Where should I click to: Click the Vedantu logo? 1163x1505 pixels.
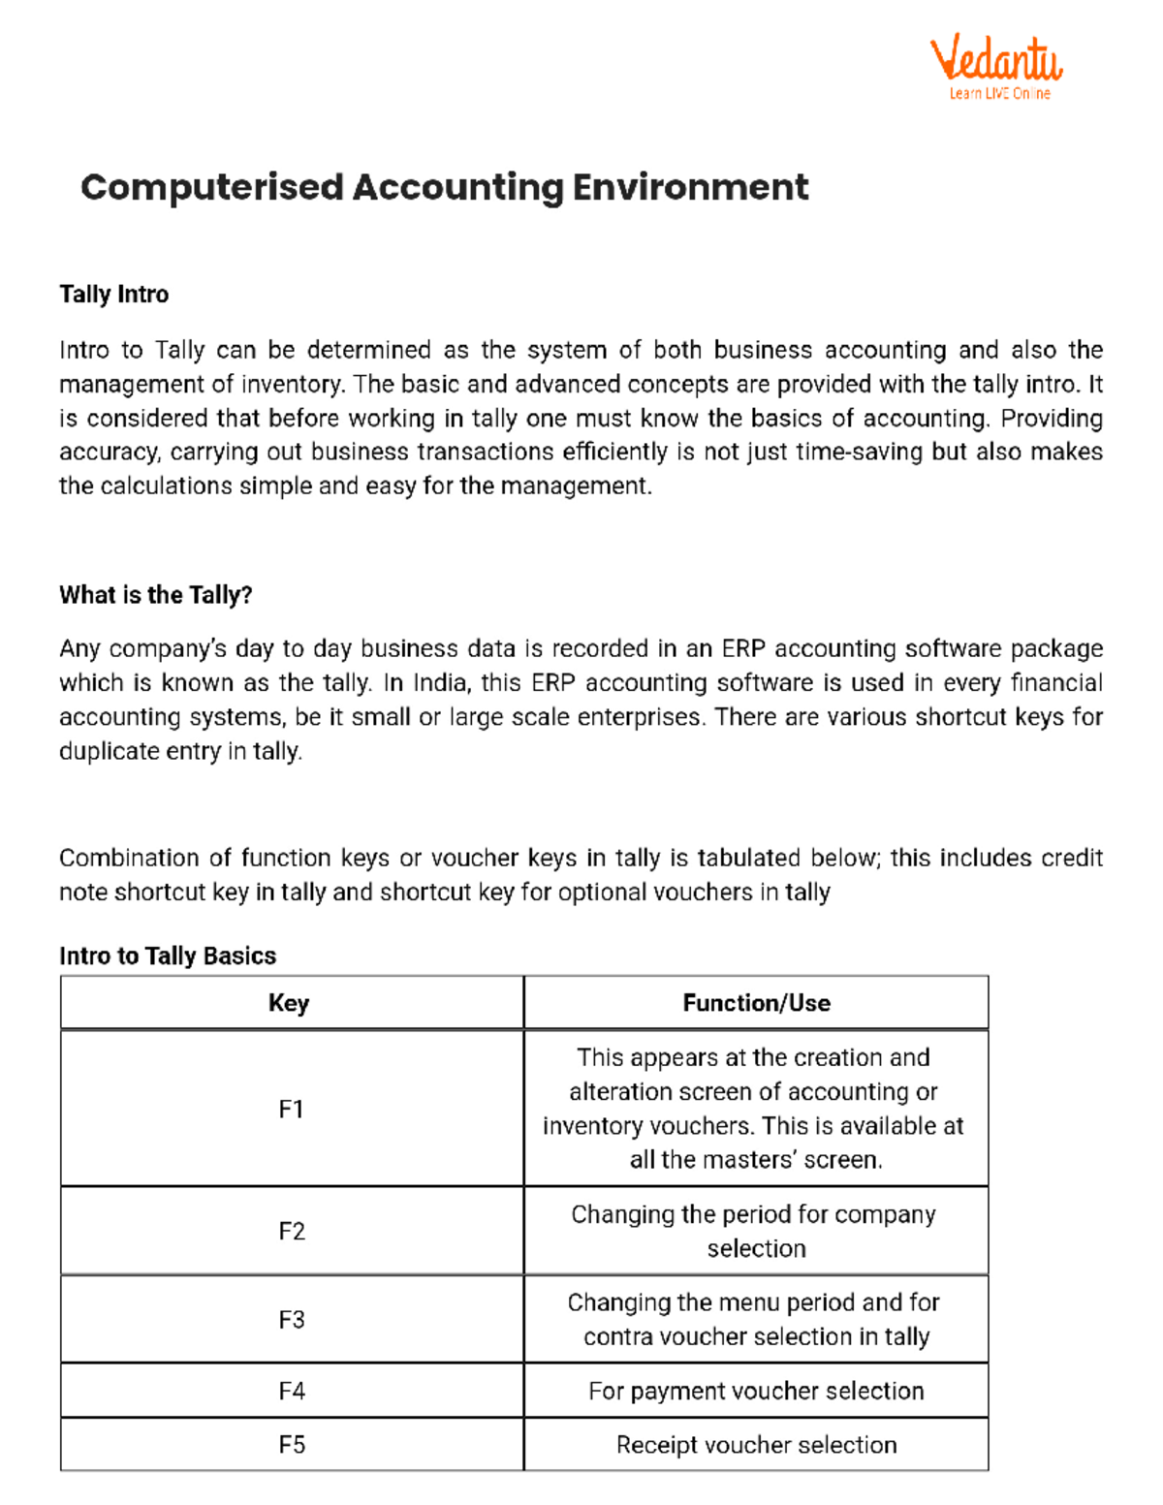pyautogui.click(x=995, y=60)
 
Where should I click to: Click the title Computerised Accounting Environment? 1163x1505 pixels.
pyautogui.click(x=444, y=187)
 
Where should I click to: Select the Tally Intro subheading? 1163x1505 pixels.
pyautogui.click(x=113, y=295)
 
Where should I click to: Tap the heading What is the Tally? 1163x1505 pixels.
pyautogui.click(x=155, y=595)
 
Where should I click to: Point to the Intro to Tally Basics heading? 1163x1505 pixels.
pyautogui.click(x=168, y=956)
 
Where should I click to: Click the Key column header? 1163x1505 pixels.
pyautogui.click(x=289, y=1003)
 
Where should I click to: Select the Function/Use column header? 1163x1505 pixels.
pyautogui.click(x=756, y=1003)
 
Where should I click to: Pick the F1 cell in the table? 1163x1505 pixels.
pyautogui.click(x=291, y=1109)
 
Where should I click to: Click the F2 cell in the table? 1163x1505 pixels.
pyautogui.click(x=291, y=1231)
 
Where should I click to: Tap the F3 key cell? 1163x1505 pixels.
pyautogui.click(x=291, y=1320)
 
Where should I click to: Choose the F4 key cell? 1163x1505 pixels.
pyautogui.click(x=291, y=1392)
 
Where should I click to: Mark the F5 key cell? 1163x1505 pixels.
pyautogui.click(x=291, y=1445)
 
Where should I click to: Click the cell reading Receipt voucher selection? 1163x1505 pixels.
pyautogui.click(x=756, y=1445)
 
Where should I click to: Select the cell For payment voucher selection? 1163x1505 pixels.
pyautogui.click(x=756, y=1392)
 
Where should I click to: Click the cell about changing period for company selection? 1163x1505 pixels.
pyautogui.click(x=754, y=1231)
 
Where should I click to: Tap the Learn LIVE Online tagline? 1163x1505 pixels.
pyautogui.click(x=999, y=94)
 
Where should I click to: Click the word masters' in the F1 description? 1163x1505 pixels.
pyautogui.click(x=761, y=1160)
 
